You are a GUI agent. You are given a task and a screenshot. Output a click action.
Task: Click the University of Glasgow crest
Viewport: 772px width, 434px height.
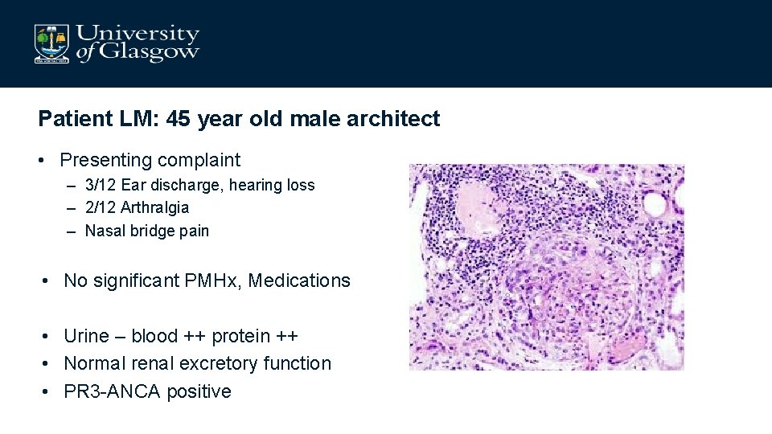[x=52, y=43]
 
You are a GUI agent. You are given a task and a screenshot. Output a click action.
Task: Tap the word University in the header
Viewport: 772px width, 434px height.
[x=138, y=34]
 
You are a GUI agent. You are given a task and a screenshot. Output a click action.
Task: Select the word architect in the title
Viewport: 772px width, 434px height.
[x=397, y=119]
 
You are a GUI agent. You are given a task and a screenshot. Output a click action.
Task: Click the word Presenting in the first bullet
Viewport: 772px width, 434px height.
[x=105, y=160]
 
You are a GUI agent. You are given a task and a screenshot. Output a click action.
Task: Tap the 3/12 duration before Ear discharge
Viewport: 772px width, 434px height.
[x=101, y=185]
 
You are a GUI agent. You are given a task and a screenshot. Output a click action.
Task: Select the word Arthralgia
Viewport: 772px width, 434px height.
[x=155, y=207]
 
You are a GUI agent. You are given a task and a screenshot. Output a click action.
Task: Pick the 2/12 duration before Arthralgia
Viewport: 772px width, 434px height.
[x=101, y=207]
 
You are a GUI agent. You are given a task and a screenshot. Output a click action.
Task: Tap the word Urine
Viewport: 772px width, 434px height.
[x=86, y=336]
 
